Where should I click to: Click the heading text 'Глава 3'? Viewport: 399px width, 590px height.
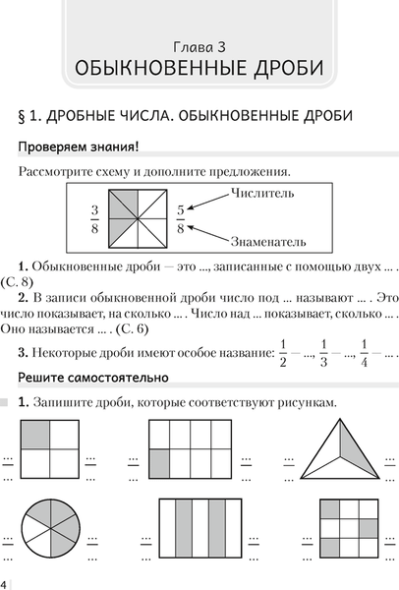pyautogui.click(x=199, y=46)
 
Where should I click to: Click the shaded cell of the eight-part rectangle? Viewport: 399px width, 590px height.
pyautogui.click(x=159, y=462)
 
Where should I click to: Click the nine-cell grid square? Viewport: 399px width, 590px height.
pyautogui.click(x=349, y=532)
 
